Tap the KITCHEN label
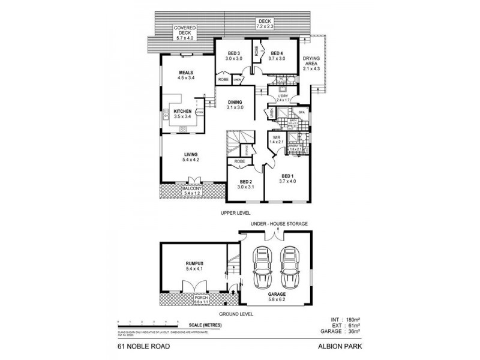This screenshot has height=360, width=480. point(182,111)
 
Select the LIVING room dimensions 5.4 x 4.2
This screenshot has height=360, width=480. point(190,160)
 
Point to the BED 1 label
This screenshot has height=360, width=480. point(288,175)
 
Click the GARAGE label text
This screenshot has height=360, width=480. point(277,295)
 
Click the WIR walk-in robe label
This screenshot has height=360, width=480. point(277,137)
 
